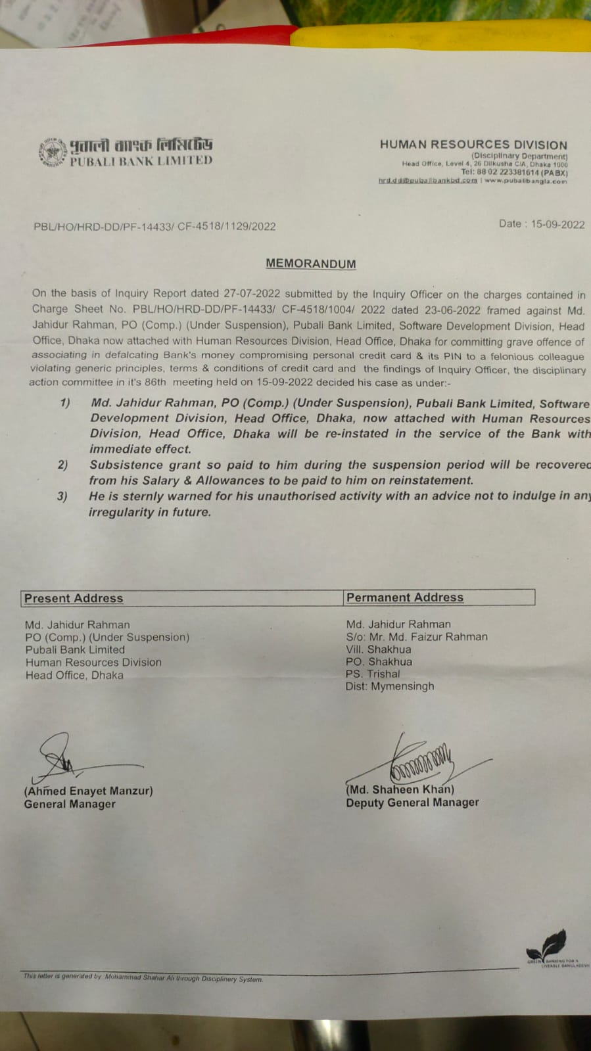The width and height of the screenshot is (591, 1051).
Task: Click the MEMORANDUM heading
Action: pos(310,264)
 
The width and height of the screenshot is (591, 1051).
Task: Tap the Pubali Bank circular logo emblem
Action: pos(53,152)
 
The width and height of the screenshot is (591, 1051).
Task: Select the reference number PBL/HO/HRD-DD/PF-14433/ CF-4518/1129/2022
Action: pos(154,226)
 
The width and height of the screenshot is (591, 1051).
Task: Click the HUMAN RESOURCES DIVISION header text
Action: pos(473,145)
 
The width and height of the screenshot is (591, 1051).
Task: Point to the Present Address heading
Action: pos(74,598)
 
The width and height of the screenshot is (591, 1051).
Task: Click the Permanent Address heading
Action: pos(404,597)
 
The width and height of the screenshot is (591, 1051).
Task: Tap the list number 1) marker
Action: pos(64,403)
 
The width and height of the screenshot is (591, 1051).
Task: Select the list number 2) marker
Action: pos(62,465)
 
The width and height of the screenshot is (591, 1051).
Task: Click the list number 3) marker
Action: pos(62,496)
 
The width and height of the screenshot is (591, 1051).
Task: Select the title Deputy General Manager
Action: pos(412,803)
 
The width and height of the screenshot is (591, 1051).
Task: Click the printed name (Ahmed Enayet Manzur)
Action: pos(88,791)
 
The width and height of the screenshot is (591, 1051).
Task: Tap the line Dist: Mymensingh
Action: pos(390,686)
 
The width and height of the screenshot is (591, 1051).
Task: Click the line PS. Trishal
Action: pos(373,674)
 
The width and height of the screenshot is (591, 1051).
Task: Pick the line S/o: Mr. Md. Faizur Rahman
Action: pos(417,636)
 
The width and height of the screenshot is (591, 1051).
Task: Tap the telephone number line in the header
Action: pos(513,172)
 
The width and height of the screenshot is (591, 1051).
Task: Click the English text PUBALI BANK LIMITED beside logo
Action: pos(141,160)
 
